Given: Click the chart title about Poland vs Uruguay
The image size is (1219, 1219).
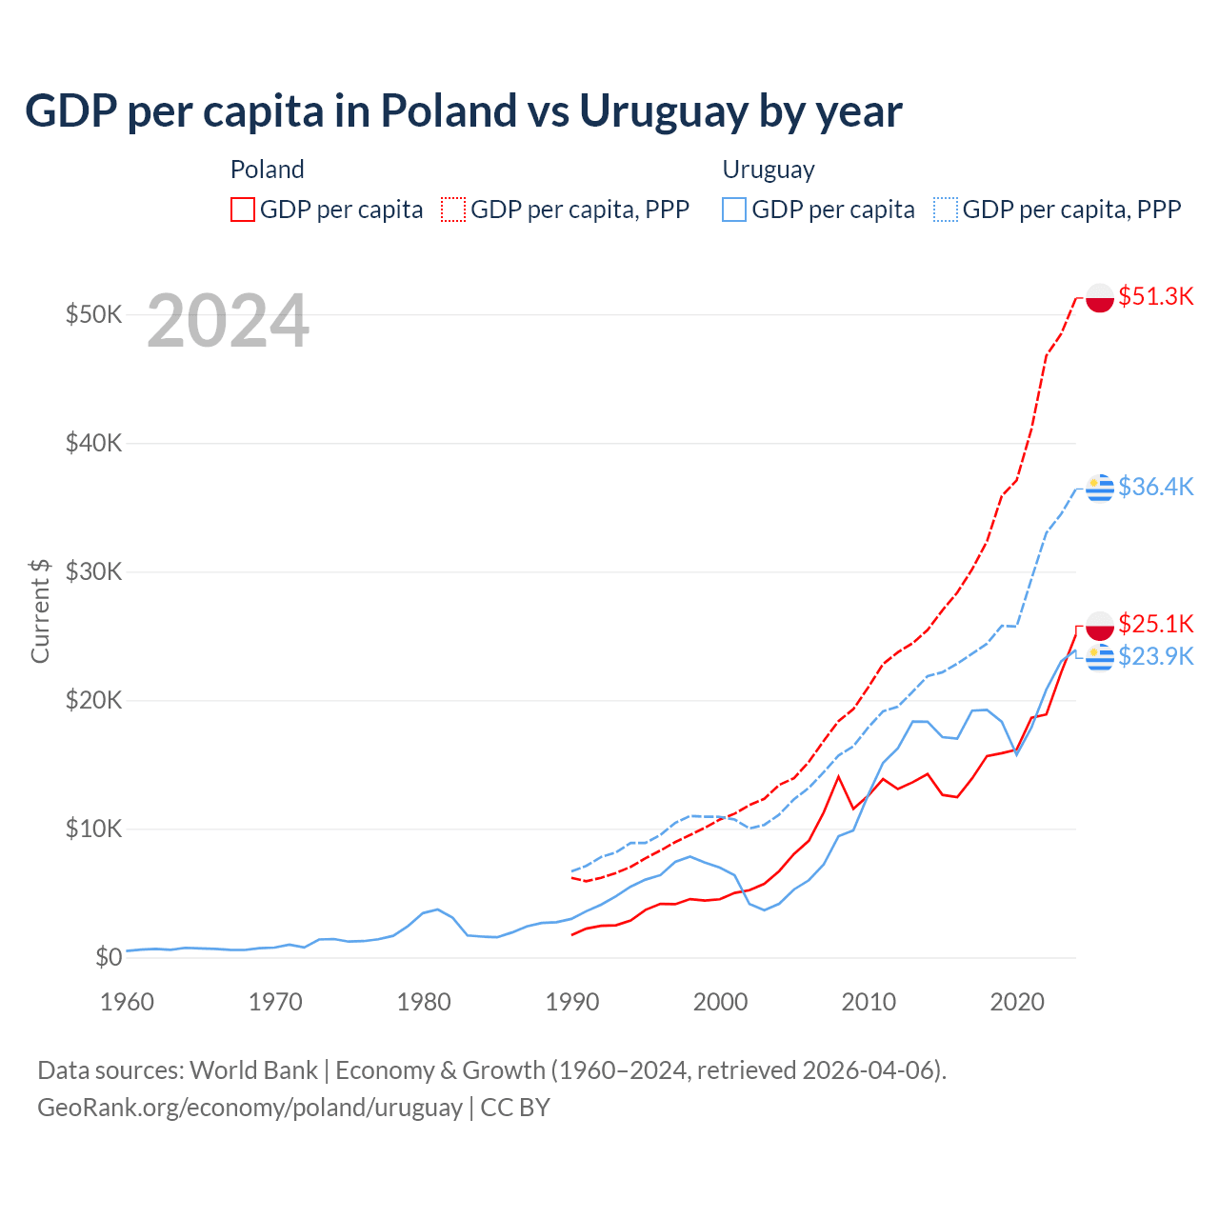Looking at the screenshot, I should click(463, 111).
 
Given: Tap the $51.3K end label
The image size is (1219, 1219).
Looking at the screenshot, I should click(1155, 296).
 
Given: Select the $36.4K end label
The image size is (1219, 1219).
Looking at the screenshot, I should click(1155, 487).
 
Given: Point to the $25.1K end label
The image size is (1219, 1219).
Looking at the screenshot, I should click(1155, 624).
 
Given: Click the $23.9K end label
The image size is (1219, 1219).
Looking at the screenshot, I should click(1155, 656).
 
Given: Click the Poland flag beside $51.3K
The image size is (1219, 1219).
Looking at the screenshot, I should click(1100, 297).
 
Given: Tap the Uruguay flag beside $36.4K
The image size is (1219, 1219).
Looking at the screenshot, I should click(1100, 488).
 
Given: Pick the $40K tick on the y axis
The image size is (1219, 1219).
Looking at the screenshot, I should click(93, 443).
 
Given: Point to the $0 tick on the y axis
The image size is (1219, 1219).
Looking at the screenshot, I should click(109, 957).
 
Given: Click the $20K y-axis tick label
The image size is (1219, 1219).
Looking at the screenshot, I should click(93, 700).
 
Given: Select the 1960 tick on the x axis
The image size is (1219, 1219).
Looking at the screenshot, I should click(127, 1002).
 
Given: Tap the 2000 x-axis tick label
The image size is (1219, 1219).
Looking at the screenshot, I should click(720, 1002).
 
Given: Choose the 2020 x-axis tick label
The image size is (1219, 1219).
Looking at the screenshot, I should click(1017, 1002).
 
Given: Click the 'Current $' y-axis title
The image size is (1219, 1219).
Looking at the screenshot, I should click(40, 610).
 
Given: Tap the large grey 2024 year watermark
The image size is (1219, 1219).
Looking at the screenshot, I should click(228, 321).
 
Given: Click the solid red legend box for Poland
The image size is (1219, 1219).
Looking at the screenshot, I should click(243, 210).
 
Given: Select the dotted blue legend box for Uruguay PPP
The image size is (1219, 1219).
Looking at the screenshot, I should click(946, 210).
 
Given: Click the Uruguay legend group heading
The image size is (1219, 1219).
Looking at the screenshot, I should click(769, 170).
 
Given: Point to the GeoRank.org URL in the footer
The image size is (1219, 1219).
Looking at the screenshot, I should click(250, 1108).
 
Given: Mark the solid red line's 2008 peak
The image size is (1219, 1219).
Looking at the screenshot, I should click(838, 777).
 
